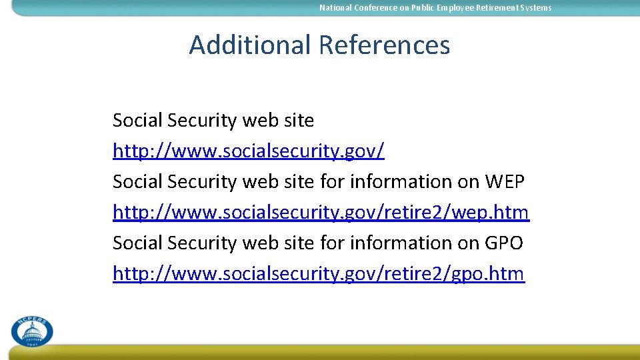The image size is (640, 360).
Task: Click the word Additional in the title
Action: (x=250, y=45)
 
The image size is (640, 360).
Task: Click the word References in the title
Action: (x=384, y=45)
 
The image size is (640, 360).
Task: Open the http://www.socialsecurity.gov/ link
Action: (x=249, y=151)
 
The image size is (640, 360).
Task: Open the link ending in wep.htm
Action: (x=321, y=213)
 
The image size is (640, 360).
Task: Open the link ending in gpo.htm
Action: (x=319, y=274)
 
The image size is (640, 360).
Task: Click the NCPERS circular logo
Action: (x=31, y=331)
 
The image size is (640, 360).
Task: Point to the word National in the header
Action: (x=335, y=8)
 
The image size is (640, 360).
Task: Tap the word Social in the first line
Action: (x=137, y=121)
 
